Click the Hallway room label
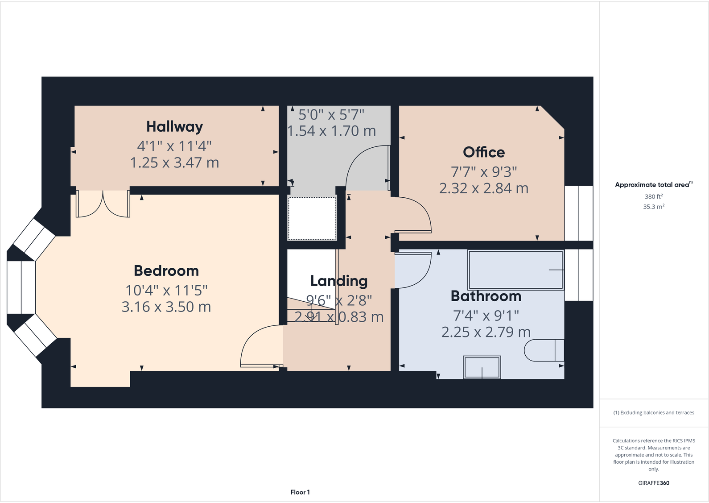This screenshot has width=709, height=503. pos(174,127)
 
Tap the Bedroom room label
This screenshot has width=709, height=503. pos(166,271)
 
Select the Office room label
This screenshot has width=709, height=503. pos(484,152)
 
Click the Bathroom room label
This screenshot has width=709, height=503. pos(486,296)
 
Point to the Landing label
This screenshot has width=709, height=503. pos(339,281)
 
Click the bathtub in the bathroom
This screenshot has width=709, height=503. pos(515,270)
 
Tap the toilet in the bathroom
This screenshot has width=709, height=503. pos(544,350)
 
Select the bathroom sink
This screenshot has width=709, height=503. pos(482,367)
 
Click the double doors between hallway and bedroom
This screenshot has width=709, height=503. pos(103,204)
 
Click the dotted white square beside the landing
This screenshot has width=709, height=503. pos(312,219)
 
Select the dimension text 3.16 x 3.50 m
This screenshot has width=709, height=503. pos(166,307)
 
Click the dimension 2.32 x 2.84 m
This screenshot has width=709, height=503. pos(484,188)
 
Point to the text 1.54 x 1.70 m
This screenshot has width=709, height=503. pos(332,131)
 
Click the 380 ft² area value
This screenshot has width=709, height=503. pos(654,196)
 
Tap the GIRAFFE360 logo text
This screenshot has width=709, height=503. pos(654,483)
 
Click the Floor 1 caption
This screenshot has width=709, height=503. pos(300,492)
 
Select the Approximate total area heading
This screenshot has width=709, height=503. pos(652,185)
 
